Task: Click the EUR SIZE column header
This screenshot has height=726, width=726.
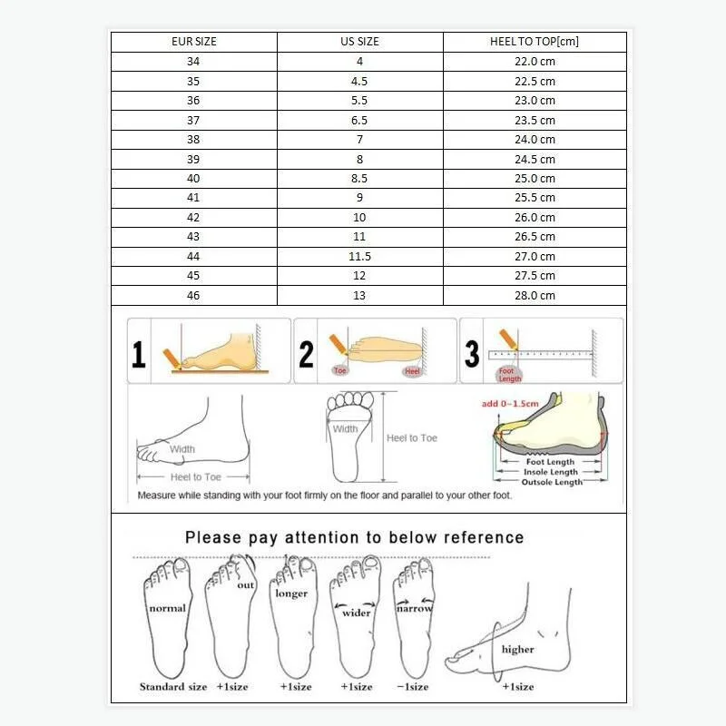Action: [194, 42]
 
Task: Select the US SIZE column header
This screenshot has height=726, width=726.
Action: [359, 42]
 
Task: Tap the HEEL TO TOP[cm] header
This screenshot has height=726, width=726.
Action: [535, 42]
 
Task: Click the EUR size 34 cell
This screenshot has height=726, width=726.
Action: [193, 62]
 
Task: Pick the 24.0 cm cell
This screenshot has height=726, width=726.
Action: [535, 140]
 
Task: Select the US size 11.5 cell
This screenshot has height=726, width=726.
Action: [359, 257]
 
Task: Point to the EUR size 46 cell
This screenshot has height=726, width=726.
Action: [193, 296]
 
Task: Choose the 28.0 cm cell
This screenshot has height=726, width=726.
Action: [535, 296]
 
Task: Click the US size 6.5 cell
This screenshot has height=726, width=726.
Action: [359, 120]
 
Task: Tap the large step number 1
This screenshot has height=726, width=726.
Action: [138, 354]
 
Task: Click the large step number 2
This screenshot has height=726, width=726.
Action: [306, 354]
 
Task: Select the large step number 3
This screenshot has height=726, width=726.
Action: [472, 354]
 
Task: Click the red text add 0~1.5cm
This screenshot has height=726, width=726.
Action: [510, 402]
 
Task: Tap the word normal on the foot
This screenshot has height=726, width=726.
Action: [167, 608]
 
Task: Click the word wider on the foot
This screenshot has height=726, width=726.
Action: [357, 613]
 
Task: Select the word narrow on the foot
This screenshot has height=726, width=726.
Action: [414, 608]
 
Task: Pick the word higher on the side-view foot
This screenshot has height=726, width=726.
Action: [517, 649]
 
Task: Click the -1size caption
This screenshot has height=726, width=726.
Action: [414, 687]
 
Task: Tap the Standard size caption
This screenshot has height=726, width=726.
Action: [173, 687]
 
